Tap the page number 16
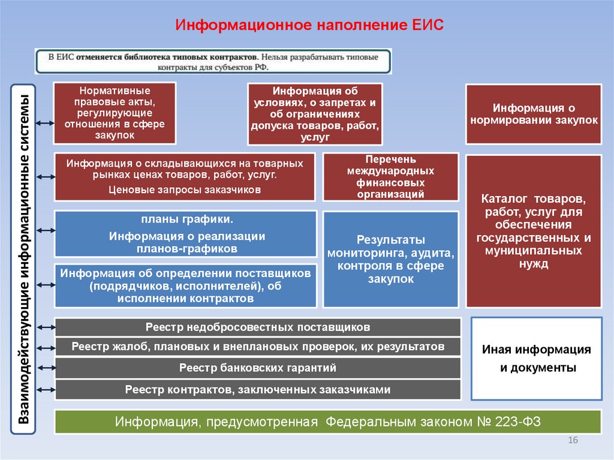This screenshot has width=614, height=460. coord(572,441)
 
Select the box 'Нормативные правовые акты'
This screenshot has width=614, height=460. coord(115,113)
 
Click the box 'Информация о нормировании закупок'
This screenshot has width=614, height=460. coord(533,114)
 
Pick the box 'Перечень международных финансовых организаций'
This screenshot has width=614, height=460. coord(390,177)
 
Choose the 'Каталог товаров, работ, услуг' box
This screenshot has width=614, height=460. coord(533,231)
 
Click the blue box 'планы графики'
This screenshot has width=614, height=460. coord(186,234)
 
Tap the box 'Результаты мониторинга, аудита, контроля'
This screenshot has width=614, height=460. coord(390,259)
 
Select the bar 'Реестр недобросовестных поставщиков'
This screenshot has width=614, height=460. coord(258,327)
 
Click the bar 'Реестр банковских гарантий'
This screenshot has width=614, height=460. coord(258,368)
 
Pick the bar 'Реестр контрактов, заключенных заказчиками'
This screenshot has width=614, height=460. coord(258,390)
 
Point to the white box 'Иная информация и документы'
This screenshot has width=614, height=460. coord(537,359)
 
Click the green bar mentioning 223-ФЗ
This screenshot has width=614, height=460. coord(327,422)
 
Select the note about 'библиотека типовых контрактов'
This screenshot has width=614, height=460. coord(213,61)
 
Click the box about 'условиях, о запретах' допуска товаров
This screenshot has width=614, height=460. coord(314,114)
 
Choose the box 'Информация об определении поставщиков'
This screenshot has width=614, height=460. coord(186,285)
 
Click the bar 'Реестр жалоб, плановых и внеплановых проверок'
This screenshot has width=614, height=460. coord(258,347)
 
